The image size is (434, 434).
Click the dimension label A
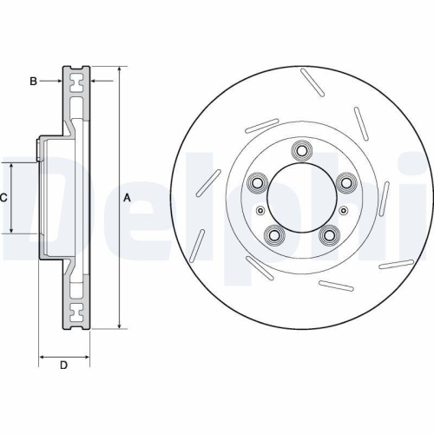127,197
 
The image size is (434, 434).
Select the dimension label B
34,82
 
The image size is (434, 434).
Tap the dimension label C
3,198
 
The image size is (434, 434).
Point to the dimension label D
62,365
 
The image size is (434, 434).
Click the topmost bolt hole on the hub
301,148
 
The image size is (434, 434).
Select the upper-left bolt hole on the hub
257,182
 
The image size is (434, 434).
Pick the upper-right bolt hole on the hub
346,182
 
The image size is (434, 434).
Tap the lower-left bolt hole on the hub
275,233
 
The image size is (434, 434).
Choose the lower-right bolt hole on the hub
328,233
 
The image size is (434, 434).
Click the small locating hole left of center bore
260,209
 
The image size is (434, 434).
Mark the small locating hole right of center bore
344,209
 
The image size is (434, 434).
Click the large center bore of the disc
301,196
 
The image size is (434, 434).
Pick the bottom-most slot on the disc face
335,284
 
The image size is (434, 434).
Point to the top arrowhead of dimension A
118,70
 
